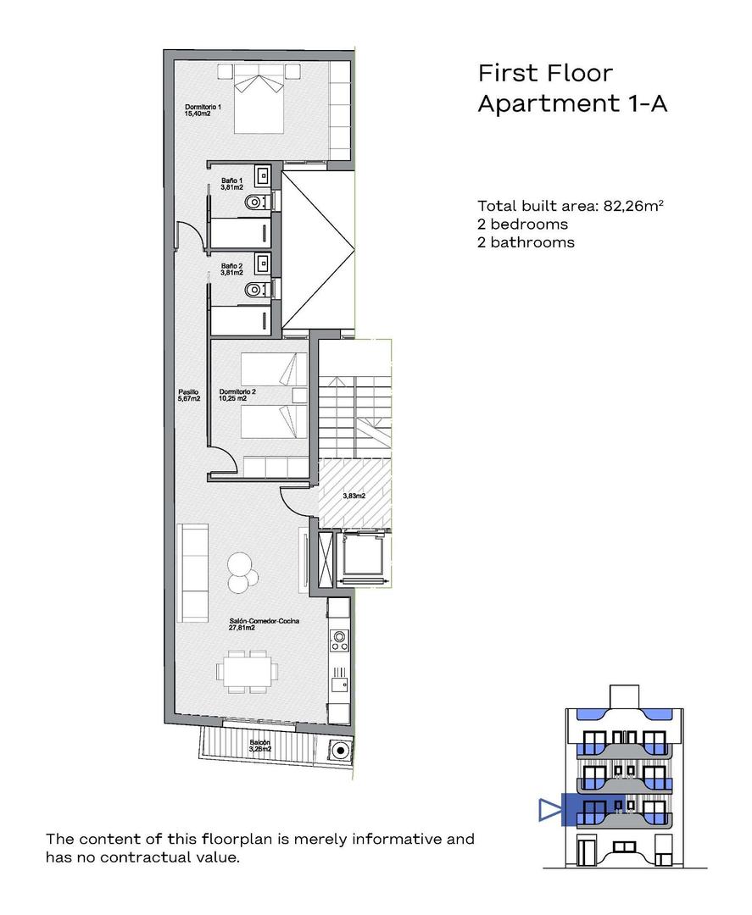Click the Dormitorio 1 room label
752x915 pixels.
[x=203, y=109]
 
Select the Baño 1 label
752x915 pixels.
[x=232, y=184]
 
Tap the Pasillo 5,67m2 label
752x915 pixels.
[x=189, y=395]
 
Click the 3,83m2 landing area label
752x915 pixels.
[x=354, y=496]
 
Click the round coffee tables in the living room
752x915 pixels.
[x=242, y=570]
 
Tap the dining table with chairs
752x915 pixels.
[x=246, y=670]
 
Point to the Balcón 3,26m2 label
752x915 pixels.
[x=259, y=746]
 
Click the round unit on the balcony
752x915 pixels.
[x=340, y=749]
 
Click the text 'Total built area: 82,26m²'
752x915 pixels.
[x=570, y=206]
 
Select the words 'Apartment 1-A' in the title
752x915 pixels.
[x=572, y=103]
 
